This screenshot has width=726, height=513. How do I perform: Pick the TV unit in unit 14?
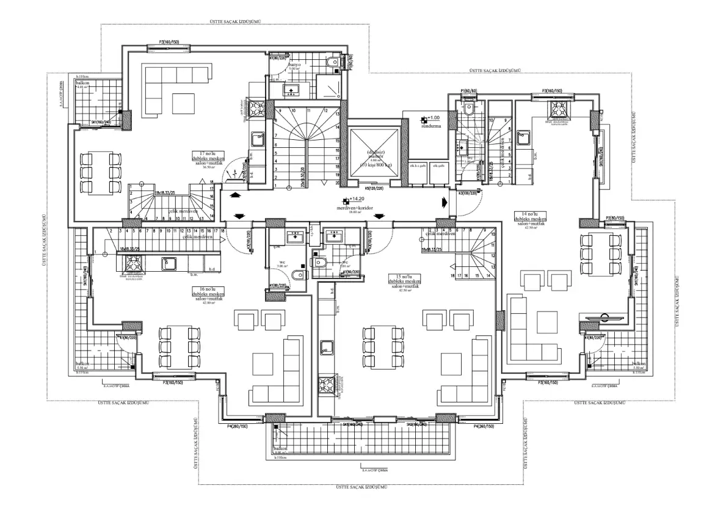pos(604,317)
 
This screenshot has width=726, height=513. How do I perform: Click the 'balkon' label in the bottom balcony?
pos(280,448)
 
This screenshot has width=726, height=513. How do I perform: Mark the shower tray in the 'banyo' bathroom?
pos(330,89)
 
